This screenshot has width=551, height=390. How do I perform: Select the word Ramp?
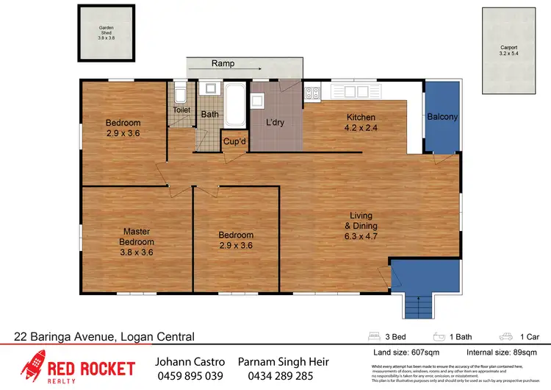point(223,63)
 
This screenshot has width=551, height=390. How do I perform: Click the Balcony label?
point(442,117)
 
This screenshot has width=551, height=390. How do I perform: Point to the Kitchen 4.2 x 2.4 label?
point(361,122)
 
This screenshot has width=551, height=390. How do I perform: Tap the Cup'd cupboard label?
point(234,141)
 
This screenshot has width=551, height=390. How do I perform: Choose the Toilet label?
point(181,110)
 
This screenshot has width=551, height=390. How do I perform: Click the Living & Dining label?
point(362,226)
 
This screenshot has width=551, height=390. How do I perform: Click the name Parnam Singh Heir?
point(284,363)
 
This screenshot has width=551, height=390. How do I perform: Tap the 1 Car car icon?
point(505,337)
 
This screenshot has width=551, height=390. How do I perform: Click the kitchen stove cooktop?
point(313,93)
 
